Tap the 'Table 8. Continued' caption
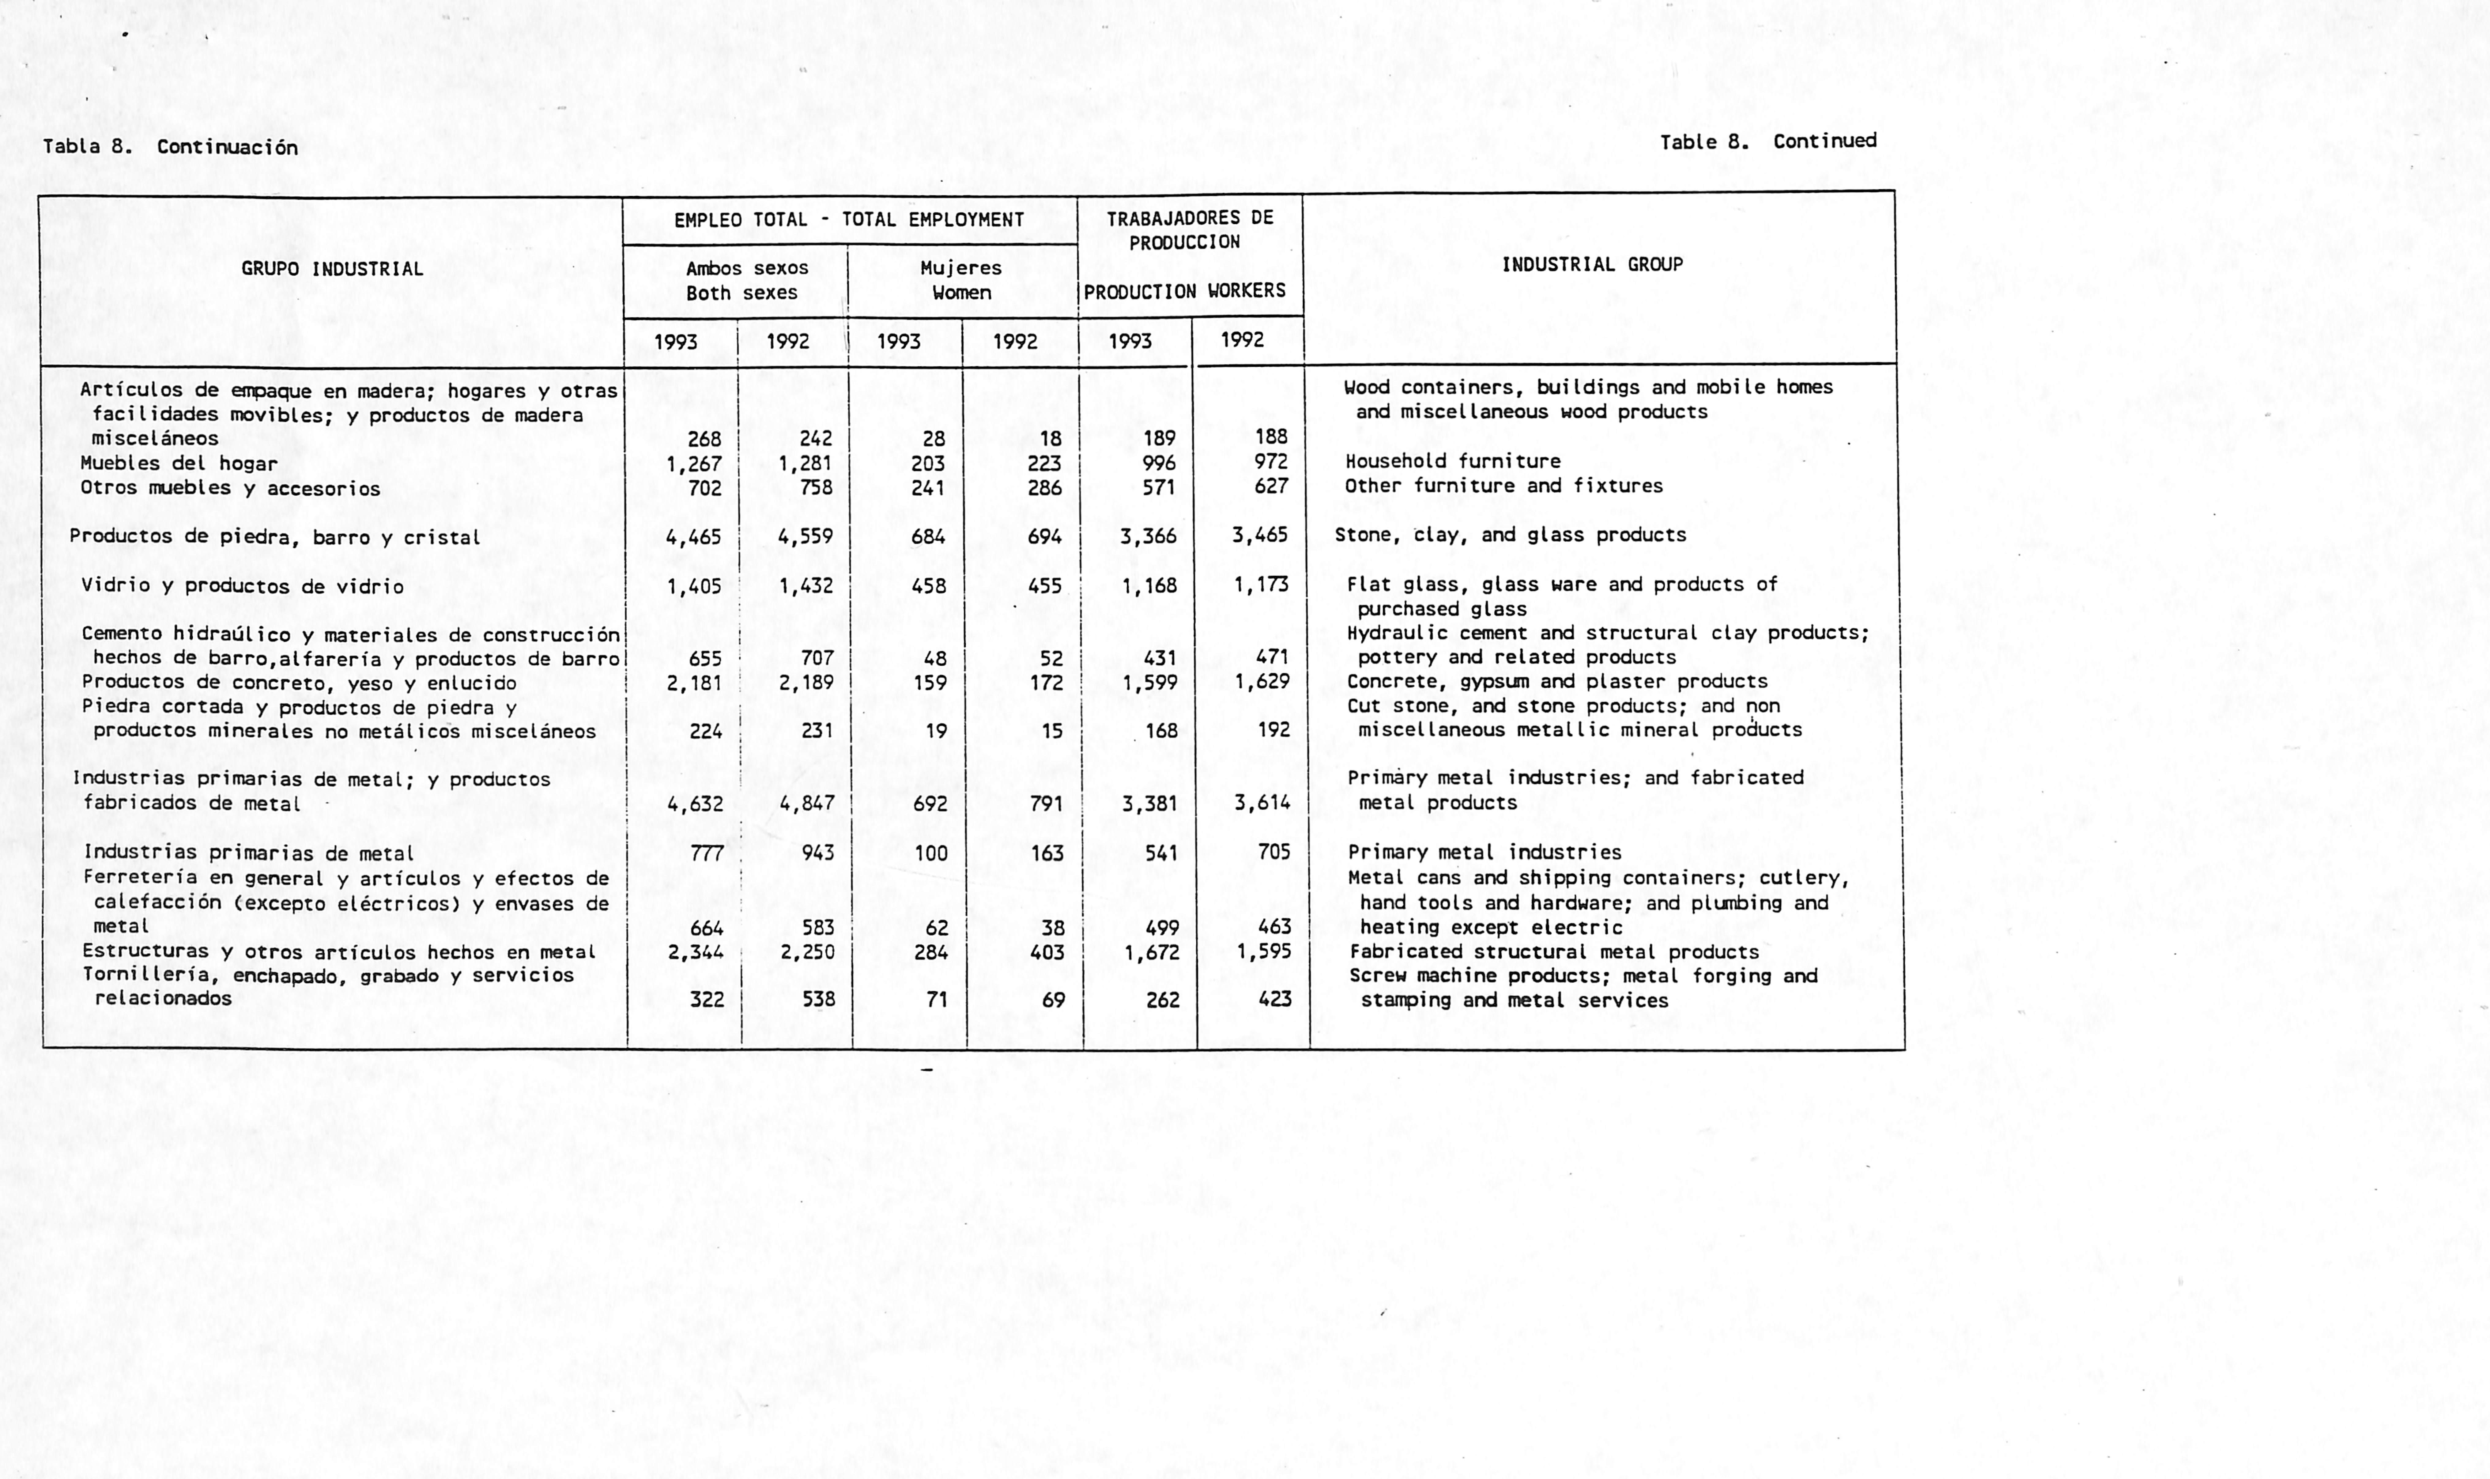(1768, 142)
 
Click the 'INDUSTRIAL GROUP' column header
(1592, 265)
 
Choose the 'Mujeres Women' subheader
(961, 280)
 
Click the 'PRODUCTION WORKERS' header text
(1185, 291)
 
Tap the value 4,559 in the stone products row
(806, 536)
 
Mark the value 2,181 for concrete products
(695, 683)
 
